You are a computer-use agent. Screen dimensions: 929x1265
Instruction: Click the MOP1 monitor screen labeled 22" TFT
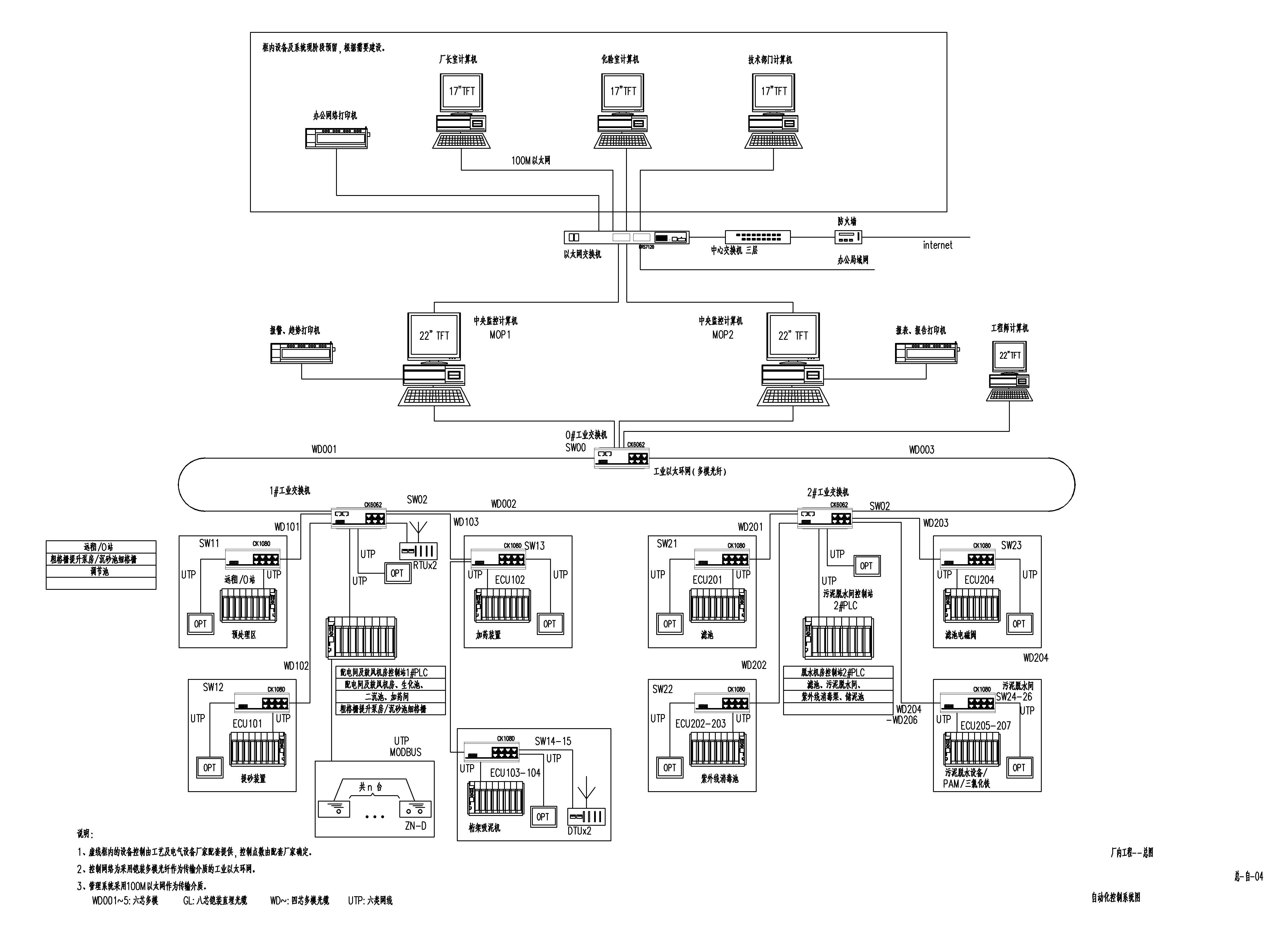click(x=434, y=336)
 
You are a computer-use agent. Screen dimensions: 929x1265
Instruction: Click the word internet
click(x=937, y=245)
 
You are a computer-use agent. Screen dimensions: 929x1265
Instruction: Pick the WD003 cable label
click(x=921, y=450)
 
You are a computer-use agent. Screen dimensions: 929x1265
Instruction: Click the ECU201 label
click(x=707, y=580)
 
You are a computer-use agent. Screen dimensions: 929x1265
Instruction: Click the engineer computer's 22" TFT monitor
click(x=1010, y=355)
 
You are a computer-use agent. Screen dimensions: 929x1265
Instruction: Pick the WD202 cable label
click(x=753, y=665)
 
